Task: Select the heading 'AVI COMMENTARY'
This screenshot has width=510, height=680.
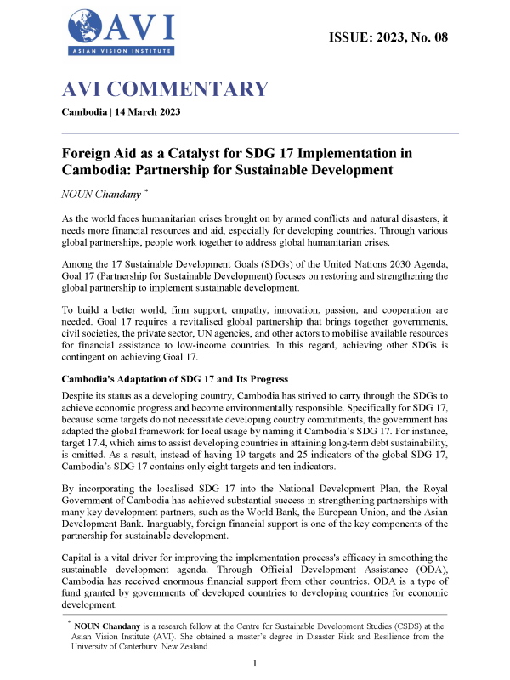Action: [165, 89]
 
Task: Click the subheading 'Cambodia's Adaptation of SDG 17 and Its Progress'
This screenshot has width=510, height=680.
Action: [192, 379]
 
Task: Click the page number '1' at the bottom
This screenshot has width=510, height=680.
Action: [256, 663]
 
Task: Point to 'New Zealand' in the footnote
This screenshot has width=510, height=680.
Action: [191, 645]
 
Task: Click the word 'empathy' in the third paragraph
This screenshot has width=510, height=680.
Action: [246, 311]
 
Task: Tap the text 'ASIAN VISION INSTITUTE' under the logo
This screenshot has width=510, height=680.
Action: [119, 53]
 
